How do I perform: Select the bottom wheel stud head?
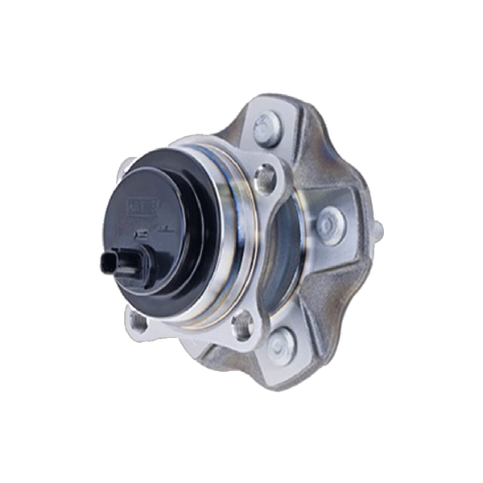tap(279, 347)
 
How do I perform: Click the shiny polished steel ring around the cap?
tap(230, 242)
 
